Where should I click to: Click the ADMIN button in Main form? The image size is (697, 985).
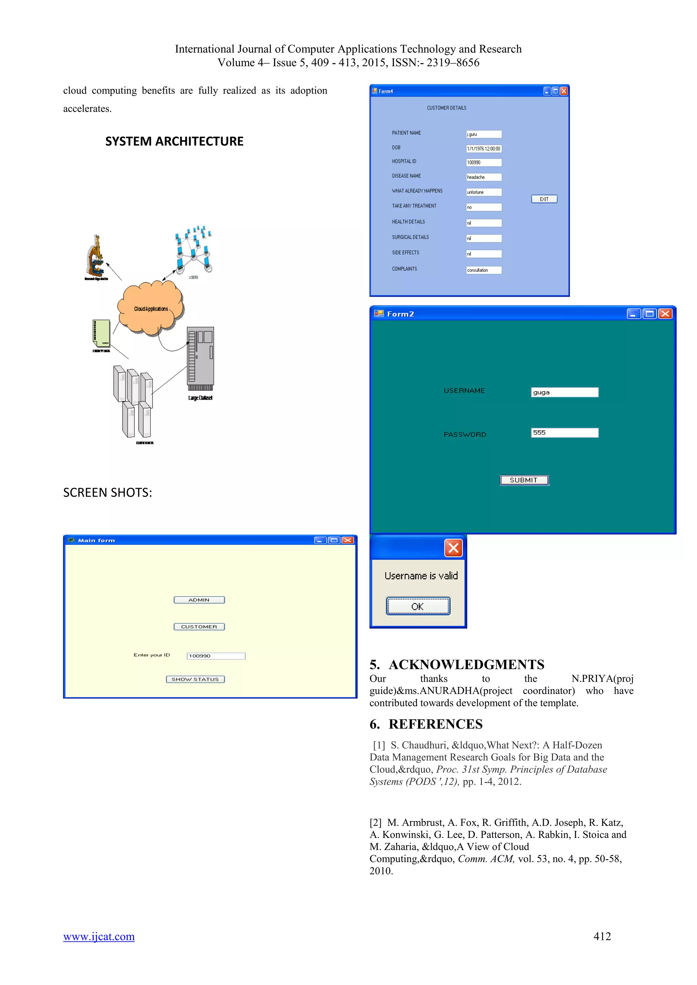[199, 600]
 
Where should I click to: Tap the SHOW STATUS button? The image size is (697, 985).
[195, 679]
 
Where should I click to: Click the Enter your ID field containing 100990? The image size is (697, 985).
[216, 656]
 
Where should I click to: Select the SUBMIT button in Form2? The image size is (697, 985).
[524, 480]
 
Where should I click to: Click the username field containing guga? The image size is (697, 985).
[564, 392]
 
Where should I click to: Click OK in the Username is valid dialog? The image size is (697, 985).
[418, 606]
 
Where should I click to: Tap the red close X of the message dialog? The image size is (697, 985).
[453, 548]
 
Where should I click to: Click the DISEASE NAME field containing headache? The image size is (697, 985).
[484, 177]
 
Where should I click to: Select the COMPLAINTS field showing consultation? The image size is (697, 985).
[484, 270]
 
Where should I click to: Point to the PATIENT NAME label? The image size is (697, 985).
[406, 133]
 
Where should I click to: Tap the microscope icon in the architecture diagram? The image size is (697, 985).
[96, 256]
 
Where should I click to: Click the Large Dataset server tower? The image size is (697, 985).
[200, 356]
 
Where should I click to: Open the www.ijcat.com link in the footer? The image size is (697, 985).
[99, 936]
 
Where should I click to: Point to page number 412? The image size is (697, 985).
[602, 936]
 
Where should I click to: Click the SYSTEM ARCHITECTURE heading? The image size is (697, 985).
[174, 141]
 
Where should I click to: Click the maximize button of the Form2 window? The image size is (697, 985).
[649, 314]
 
